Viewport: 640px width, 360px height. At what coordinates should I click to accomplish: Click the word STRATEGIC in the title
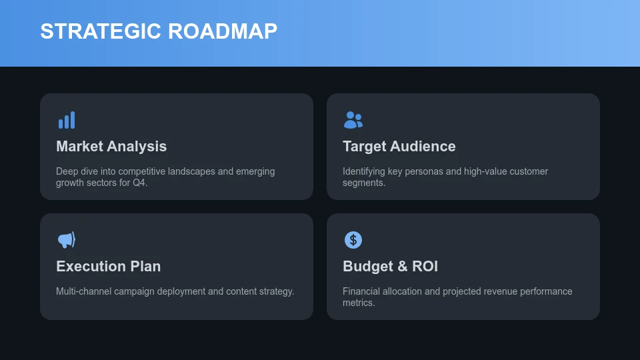(x=101, y=31)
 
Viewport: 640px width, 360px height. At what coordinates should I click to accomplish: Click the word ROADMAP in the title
(x=223, y=31)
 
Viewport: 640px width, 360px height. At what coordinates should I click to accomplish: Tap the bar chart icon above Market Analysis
(x=67, y=120)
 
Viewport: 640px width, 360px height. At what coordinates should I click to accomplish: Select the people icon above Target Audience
(x=353, y=120)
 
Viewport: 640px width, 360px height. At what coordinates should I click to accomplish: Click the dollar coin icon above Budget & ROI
(x=353, y=240)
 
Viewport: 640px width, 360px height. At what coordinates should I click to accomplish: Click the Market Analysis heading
(x=111, y=147)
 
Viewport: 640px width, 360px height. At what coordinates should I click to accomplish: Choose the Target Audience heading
(x=399, y=147)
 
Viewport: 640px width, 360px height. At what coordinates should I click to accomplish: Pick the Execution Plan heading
(x=108, y=267)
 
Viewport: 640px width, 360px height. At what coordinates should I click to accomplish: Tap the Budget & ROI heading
(x=390, y=267)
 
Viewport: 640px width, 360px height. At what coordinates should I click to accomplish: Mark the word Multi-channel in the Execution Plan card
(x=83, y=291)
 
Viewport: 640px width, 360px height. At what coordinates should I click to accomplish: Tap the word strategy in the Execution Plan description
(x=276, y=291)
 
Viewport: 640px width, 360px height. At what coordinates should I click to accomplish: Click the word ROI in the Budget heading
(x=425, y=267)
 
